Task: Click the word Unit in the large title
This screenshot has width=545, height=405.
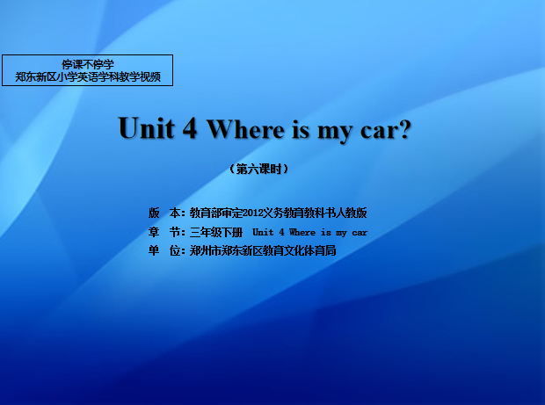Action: (x=146, y=127)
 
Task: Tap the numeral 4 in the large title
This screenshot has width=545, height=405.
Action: (x=190, y=127)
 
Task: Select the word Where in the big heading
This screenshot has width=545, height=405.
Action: (x=245, y=128)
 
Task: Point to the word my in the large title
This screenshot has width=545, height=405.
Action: (x=335, y=132)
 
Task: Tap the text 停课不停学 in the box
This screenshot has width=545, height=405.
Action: (x=88, y=64)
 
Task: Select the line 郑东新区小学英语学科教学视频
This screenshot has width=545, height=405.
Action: (x=88, y=76)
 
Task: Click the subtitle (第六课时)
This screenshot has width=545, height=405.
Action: (x=259, y=170)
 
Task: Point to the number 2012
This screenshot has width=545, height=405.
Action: (x=252, y=213)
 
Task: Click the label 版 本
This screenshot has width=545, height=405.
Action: (x=164, y=213)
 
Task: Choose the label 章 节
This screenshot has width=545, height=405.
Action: (x=164, y=232)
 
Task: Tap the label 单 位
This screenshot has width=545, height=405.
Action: (x=164, y=250)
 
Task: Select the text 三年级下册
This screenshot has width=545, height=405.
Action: (x=216, y=232)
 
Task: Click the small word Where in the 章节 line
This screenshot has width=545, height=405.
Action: (x=302, y=232)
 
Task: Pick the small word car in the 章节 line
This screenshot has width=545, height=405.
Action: (x=360, y=233)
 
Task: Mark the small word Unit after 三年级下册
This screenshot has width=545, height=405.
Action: (x=263, y=232)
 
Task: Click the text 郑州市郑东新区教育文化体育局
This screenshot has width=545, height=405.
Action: (x=263, y=250)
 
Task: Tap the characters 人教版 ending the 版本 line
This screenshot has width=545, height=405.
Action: (x=351, y=213)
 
